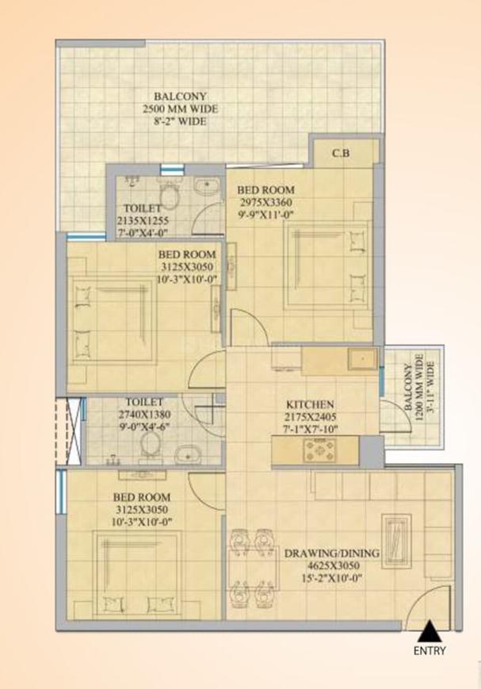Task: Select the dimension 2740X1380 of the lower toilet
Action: click(144, 414)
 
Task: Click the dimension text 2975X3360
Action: click(267, 202)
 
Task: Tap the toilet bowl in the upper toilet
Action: click(169, 193)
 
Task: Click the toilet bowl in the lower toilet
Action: click(147, 449)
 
